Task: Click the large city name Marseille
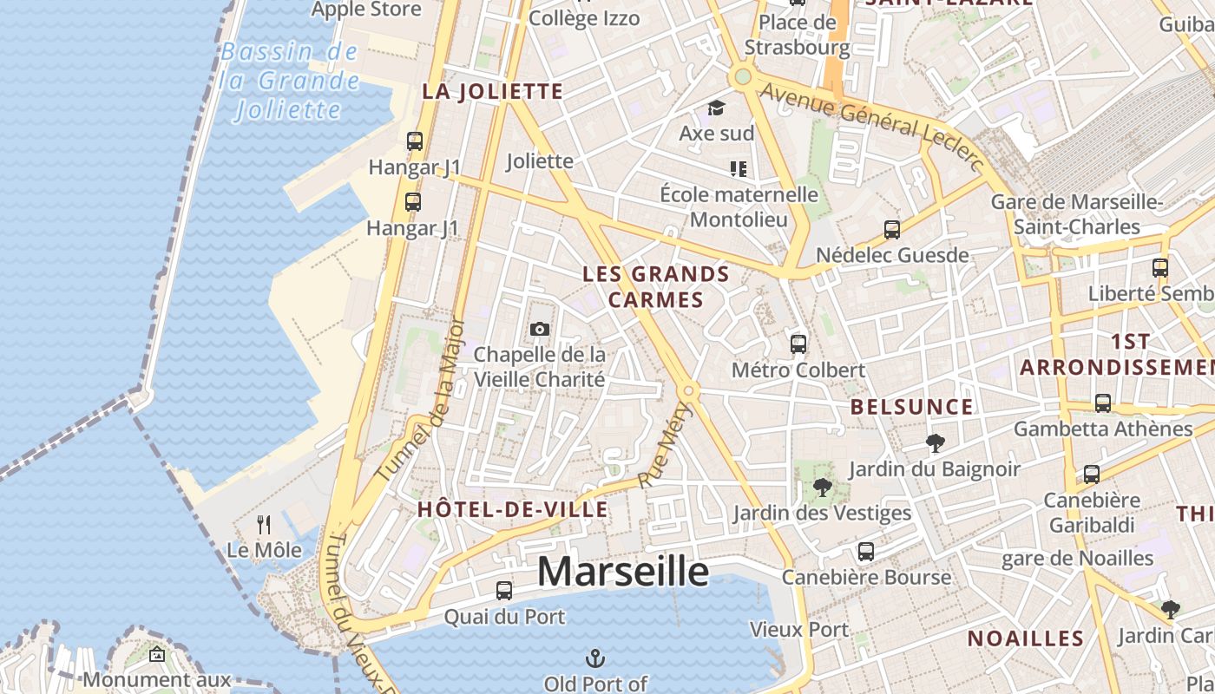622,572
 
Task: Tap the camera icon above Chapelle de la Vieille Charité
539,330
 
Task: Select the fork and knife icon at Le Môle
264,524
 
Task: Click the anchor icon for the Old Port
595,658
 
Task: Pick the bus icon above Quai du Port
503,591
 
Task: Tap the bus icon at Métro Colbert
798,344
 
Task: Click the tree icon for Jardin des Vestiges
821,488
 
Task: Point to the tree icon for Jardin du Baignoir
935,443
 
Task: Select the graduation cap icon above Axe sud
716,108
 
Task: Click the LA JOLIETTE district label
492,91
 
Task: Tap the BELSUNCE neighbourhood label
911,407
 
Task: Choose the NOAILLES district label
1026,639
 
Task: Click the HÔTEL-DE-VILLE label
513,509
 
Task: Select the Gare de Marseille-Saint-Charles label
1076,214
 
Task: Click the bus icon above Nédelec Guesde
891,230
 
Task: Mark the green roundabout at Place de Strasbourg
742,77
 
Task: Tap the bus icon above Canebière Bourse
865,551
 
